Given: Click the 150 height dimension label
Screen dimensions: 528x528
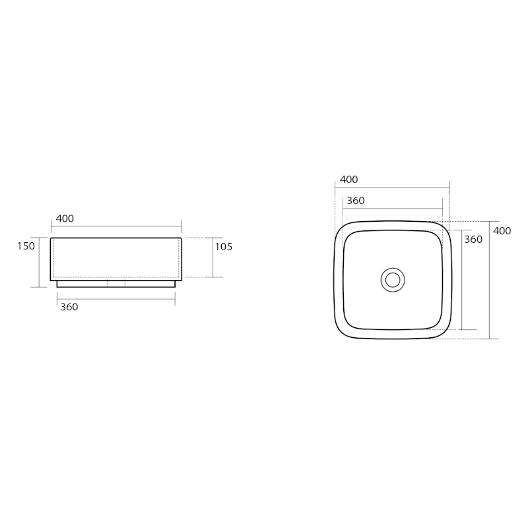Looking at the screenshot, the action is tap(26, 246).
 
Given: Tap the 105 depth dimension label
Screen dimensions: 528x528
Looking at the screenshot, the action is tap(224, 247).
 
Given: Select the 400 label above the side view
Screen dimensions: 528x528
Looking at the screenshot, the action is tap(65, 219).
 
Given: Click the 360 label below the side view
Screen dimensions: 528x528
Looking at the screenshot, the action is tap(69, 307).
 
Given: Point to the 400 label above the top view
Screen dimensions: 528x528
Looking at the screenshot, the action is tap(349, 180).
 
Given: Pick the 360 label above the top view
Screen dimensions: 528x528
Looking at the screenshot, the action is tap(356, 201).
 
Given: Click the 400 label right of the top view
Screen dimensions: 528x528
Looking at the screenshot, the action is tap(502, 231).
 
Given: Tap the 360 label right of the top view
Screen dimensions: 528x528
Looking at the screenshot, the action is tap(473, 240).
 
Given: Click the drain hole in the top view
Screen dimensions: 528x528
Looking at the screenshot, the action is tap(393, 280).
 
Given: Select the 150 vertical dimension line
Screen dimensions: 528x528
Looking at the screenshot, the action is tap(40, 262).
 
